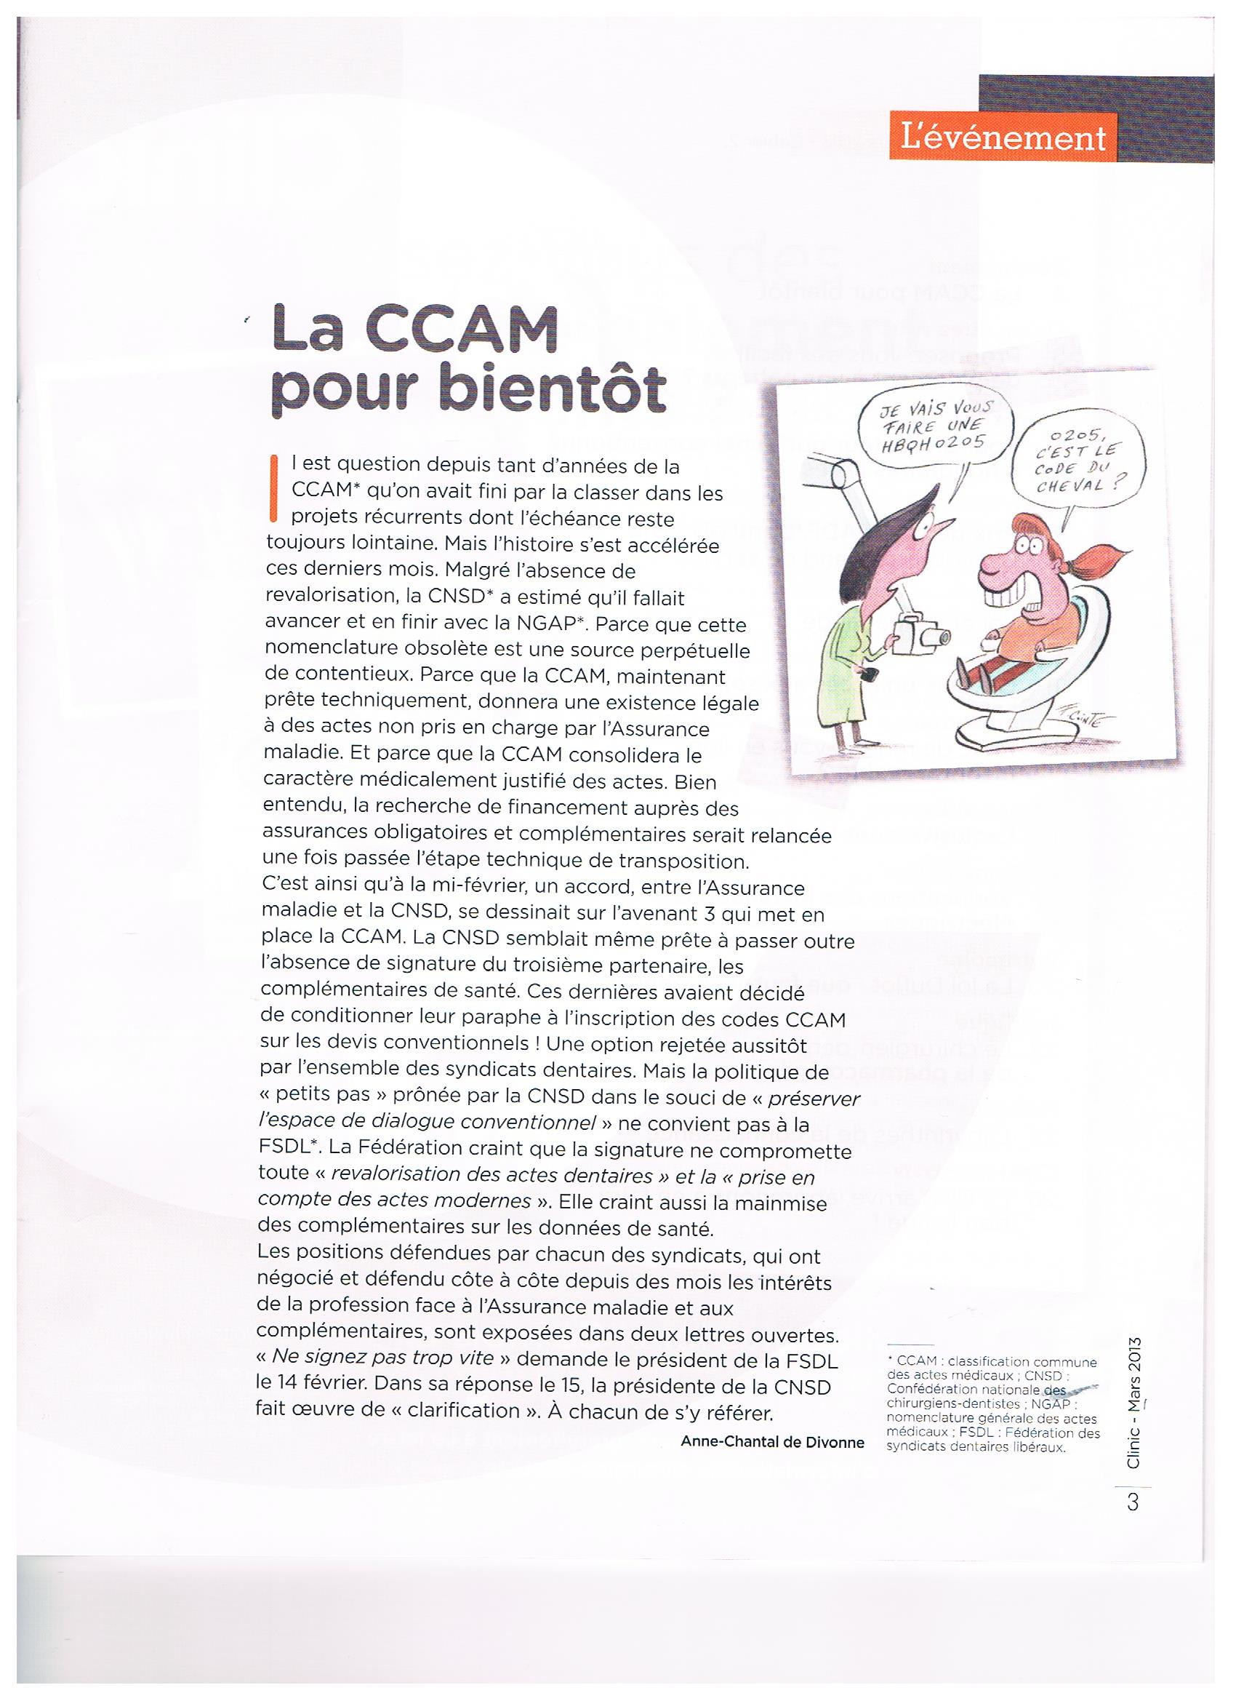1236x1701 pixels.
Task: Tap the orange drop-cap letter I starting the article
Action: (273, 487)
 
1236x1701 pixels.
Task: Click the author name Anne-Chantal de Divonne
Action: (772, 1441)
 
